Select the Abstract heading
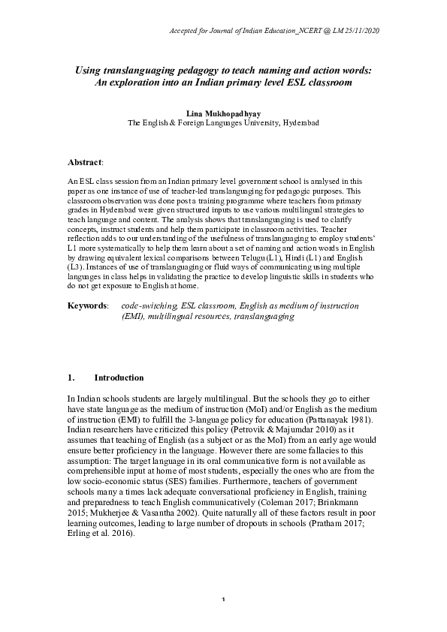click(85, 162)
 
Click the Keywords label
click(87, 306)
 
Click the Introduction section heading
click(119, 377)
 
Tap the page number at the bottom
click(223, 620)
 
